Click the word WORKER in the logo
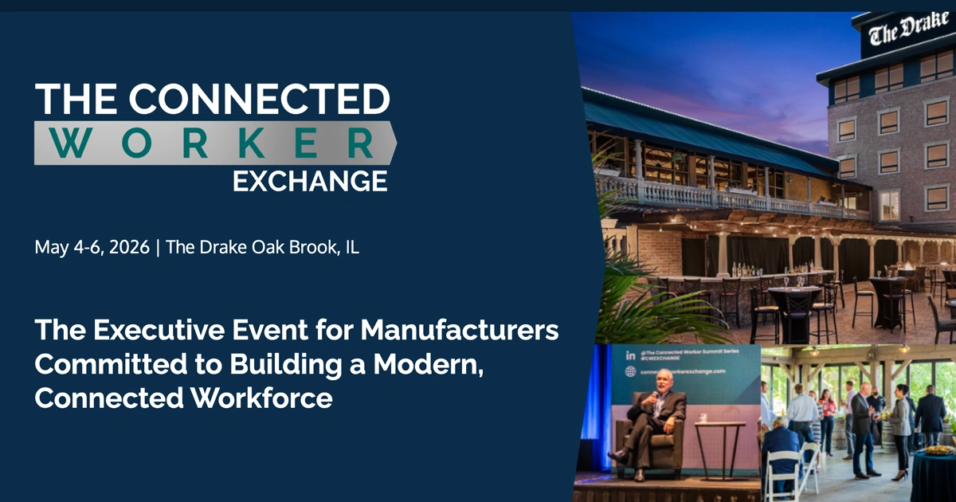215,143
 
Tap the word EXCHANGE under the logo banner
310,180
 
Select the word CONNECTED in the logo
260,99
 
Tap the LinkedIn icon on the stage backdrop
631,353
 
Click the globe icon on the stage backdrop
631,371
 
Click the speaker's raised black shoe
617,457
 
